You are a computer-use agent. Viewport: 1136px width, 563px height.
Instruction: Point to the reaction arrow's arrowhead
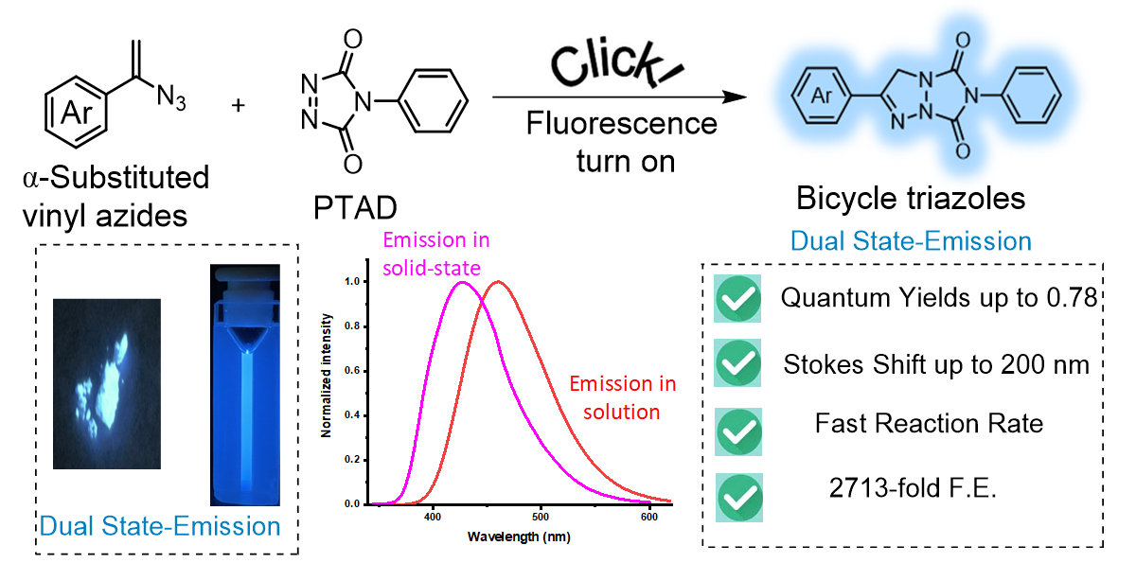(x=728, y=97)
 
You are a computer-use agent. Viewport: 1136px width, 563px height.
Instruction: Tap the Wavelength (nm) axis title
(x=518, y=536)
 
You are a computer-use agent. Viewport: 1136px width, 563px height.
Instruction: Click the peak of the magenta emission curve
(x=462, y=282)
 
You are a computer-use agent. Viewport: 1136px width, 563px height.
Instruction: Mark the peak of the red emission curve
(x=498, y=282)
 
